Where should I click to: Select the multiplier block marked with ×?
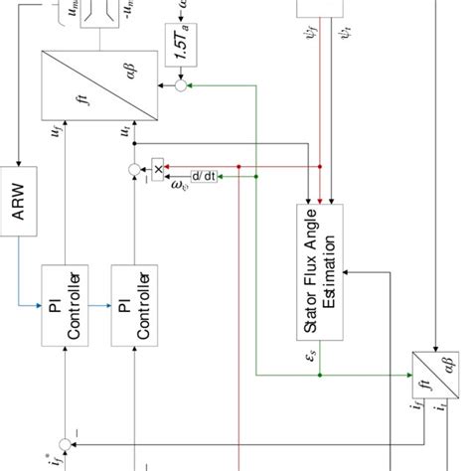tap(158, 168)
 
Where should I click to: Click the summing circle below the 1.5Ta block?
tap(181, 87)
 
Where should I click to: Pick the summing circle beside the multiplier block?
tap(134, 171)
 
